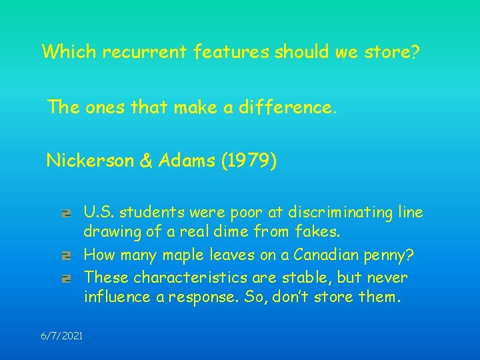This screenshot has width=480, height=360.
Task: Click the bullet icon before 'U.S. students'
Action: (x=66, y=214)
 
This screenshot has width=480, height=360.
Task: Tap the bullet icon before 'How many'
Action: (x=66, y=256)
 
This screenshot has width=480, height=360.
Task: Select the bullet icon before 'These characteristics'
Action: (x=66, y=277)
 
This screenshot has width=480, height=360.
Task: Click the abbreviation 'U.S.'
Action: (x=97, y=213)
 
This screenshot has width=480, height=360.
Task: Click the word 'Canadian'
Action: (x=324, y=255)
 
